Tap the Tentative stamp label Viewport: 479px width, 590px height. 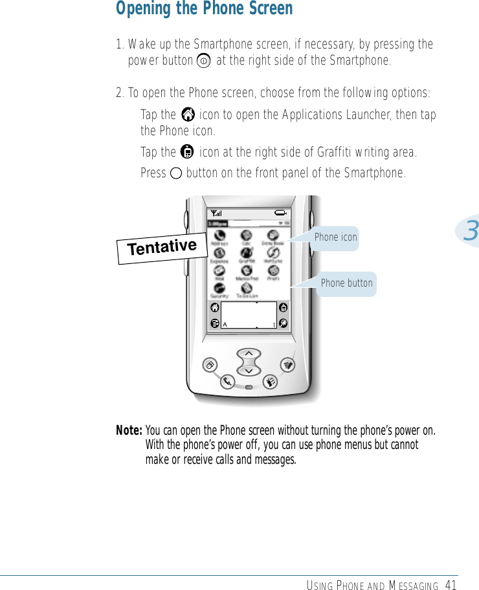(162, 246)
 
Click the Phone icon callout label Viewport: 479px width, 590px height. (335, 237)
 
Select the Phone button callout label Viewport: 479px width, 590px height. (346, 283)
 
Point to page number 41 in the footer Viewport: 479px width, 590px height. (451, 585)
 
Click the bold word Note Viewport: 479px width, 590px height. (128, 431)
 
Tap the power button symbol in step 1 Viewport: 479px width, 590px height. (203, 61)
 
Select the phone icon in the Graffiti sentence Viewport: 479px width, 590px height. (188, 153)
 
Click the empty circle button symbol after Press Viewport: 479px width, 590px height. (176, 173)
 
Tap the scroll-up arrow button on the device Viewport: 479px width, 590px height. (249, 353)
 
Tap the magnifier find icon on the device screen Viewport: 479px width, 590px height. (284, 323)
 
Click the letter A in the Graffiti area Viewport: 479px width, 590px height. (225, 324)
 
